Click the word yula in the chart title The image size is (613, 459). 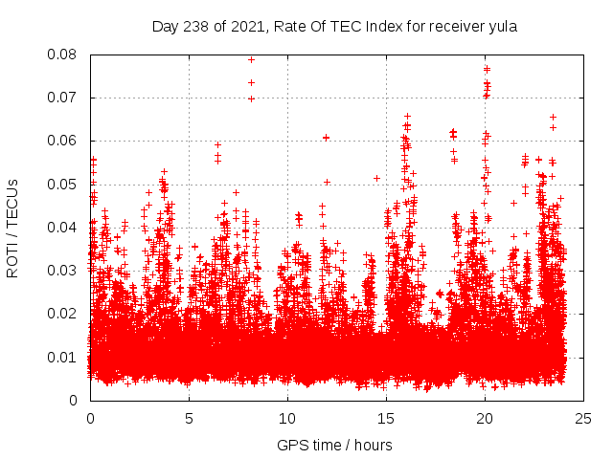click(x=503, y=27)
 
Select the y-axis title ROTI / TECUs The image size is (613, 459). click(x=12, y=228)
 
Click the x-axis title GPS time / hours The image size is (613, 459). click(x=334, y=445)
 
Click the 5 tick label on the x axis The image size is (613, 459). click(x=189, y=419)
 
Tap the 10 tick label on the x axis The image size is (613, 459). click(x=287, y=419)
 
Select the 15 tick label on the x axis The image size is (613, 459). click(x=386, y=419)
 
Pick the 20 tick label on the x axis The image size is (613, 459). click(x=485, y=419)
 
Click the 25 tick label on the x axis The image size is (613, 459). click(x=583, y=419)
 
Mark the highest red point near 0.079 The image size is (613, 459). click(x=251, y=59)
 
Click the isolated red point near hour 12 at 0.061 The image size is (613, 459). click(x=327, y=137)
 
